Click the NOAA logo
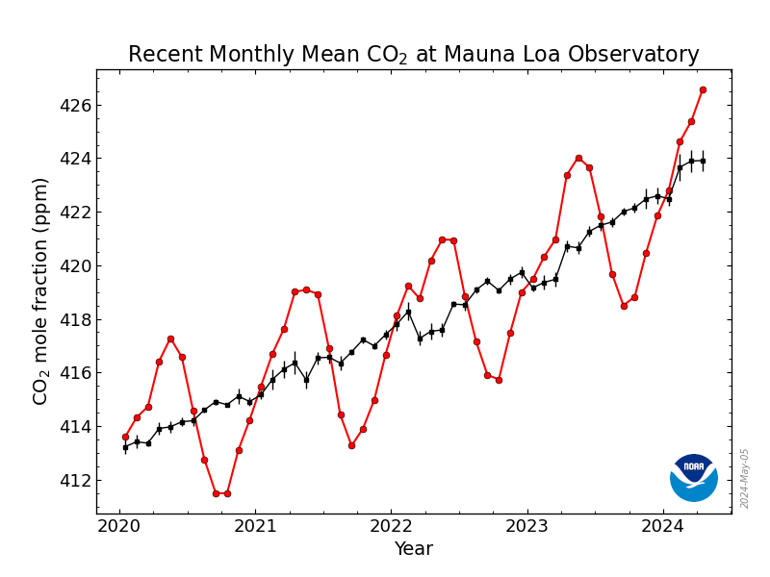pyautogui.click(x=693, y=477)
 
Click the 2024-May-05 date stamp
pyautogui.click(x=745, y=478)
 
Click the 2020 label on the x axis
pyautogui.click(x=119, y=526)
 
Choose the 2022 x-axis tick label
pyautogui.click(x=391, y=526)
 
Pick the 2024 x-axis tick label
pyautogui.click(x=662, y=526)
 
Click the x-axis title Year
pyautogui.click(x=413, y=549)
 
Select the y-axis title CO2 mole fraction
pyautogui.click(x=40, y=290)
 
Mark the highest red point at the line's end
pyautogui.click(x=703, y=89)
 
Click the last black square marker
pyautogui.click(x=703, y=161)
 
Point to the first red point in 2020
pyautogui.click(x=125, y=437)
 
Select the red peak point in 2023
pyautogui.click(x=578, y=158)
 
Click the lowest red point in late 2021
pyautogui.click(x=351, y=445)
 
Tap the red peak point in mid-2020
pyautogui.click(x=170, y=339)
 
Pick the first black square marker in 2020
pyautogui.click(x=125, y=447)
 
